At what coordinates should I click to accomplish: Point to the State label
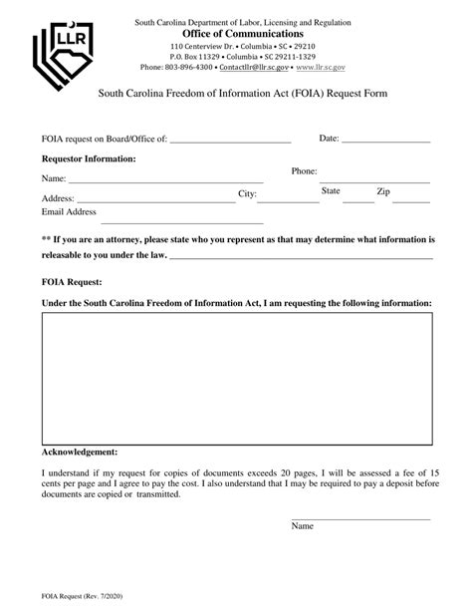point(331,190)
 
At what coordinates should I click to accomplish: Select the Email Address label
point(69,212)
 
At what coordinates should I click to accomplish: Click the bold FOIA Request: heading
point(73,281)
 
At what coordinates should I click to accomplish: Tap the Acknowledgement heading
point(80,451)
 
